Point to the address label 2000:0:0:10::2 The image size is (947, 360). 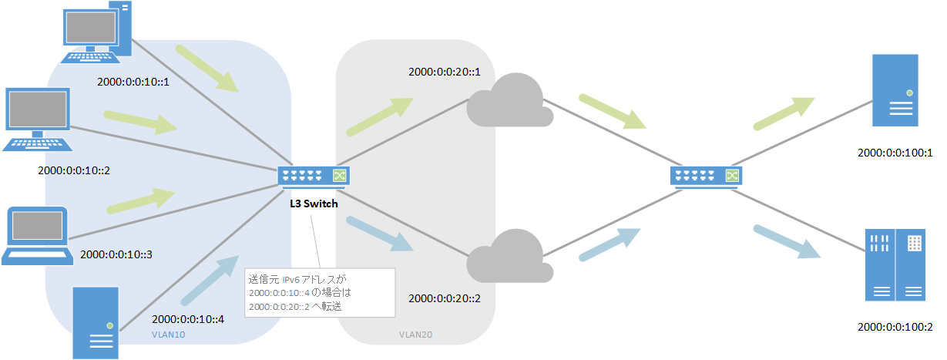tap(73, 170)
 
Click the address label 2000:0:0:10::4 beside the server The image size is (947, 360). tap(188, 318)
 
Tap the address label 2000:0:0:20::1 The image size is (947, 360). tap(445, 72)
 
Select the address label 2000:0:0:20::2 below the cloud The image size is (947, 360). tap(445, 298)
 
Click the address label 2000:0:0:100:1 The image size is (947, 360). tap(895, 153)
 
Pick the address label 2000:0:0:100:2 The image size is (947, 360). tap(895, 327)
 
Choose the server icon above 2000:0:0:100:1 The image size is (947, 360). tap(895, 90)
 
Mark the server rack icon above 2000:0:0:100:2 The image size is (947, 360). tap(895, 264)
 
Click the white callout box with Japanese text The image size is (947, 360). tap(319, 293)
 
